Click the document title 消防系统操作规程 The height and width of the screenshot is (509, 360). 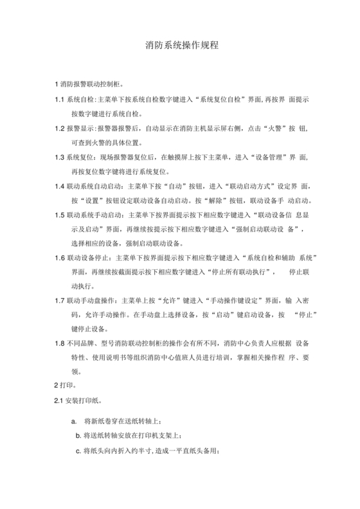[x=179, y=46]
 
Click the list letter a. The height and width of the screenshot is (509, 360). [x=74, y=422]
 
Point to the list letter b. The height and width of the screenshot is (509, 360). [x=78, y=436]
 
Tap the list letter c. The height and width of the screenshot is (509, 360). [x=78, y=451]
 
